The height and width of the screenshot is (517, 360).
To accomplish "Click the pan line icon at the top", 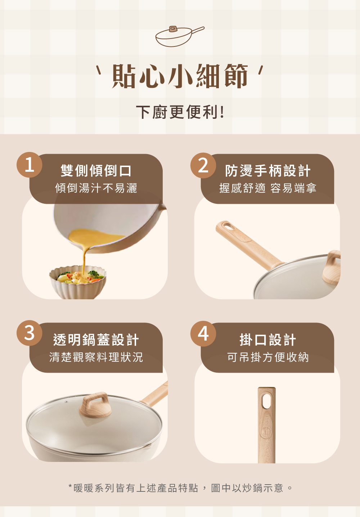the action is (x=180, y=36).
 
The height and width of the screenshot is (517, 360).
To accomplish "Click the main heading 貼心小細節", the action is (x=180, y=76).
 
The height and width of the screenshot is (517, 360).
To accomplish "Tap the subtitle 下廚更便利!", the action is (x=180, y=112).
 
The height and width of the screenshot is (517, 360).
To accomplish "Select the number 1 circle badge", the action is (x=29, y=165).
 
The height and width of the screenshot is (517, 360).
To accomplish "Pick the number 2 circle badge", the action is (x=203, y=165).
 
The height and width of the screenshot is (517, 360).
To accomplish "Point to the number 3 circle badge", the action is (x=29, y=333).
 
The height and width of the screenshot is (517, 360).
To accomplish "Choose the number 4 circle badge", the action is (x=203, y=334).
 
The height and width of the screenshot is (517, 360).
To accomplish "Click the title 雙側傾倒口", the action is (x=96, y=171).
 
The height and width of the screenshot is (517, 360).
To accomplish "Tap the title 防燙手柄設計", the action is (x=268, y=171).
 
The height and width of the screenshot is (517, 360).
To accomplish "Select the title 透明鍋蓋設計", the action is (x=96, y=340).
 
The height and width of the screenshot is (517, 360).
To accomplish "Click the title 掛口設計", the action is (x=268, y=340).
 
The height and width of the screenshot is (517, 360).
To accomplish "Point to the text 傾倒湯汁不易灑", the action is (x=96, y=188).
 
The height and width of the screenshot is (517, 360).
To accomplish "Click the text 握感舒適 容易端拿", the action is (x=268, y=188).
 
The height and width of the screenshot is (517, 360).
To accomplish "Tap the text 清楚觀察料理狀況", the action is (x=96, y=357).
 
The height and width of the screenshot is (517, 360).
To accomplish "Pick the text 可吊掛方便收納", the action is (x=268, y=357).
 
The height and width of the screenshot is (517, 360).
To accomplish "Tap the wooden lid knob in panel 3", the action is (x=95, y=405).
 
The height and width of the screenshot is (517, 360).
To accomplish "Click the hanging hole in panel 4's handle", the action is (x=267, y=401).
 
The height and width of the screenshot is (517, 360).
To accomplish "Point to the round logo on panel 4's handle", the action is (x=265, y=432).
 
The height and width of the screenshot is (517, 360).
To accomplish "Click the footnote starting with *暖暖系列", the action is (x=180, y=488).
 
